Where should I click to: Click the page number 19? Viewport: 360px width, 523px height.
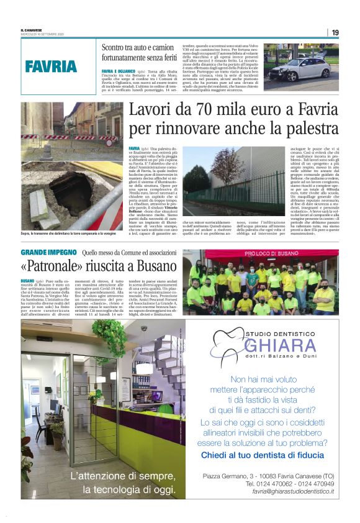click(x=335, y=32)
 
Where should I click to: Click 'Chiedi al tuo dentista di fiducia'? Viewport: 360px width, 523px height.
click(x=267, y=455)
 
